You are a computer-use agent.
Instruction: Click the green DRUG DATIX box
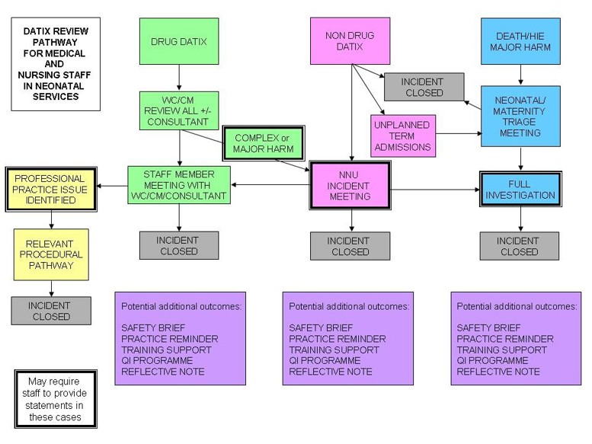179,41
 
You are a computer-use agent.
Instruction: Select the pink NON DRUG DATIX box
352,41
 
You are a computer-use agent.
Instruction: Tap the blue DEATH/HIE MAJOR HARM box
522,41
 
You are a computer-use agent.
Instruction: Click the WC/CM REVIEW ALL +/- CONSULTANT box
179,111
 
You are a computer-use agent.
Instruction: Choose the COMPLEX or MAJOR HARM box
263,142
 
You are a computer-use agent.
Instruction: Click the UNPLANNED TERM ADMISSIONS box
403,135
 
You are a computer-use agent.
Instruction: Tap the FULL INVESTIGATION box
522,188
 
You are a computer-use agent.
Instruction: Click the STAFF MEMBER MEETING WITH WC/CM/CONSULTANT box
179,185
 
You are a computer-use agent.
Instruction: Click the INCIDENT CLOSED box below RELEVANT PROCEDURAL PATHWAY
51,310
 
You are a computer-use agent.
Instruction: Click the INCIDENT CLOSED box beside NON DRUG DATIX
424,87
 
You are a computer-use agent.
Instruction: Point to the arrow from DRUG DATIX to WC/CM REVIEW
179,78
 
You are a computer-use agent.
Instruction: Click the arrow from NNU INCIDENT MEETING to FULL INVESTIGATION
434,189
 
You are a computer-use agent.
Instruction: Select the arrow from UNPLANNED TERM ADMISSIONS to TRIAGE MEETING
457,133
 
